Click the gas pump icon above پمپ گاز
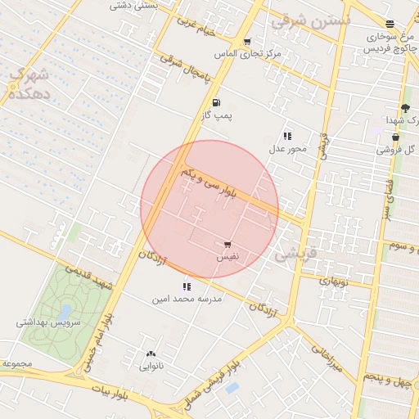(x=216, y=102)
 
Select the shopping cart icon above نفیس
(x=227, y=244)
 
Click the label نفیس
(x=227, y=257)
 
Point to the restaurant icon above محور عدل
(x=287, y=136)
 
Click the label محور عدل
(x=287, y=149)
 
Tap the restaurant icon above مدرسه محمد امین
(x=187, y=286)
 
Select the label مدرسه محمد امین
(x=187, y=300)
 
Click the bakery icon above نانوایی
(x=151, y=354)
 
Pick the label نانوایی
(x=151, y=367)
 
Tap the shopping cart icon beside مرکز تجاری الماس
(x=247, y=42)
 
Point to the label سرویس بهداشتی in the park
(x=48, y=323)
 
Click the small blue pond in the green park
(x=65, y=312)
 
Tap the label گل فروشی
(x=396, y=150)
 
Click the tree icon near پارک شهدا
(x=405, y=108)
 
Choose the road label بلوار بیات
(x=110, y=394)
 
